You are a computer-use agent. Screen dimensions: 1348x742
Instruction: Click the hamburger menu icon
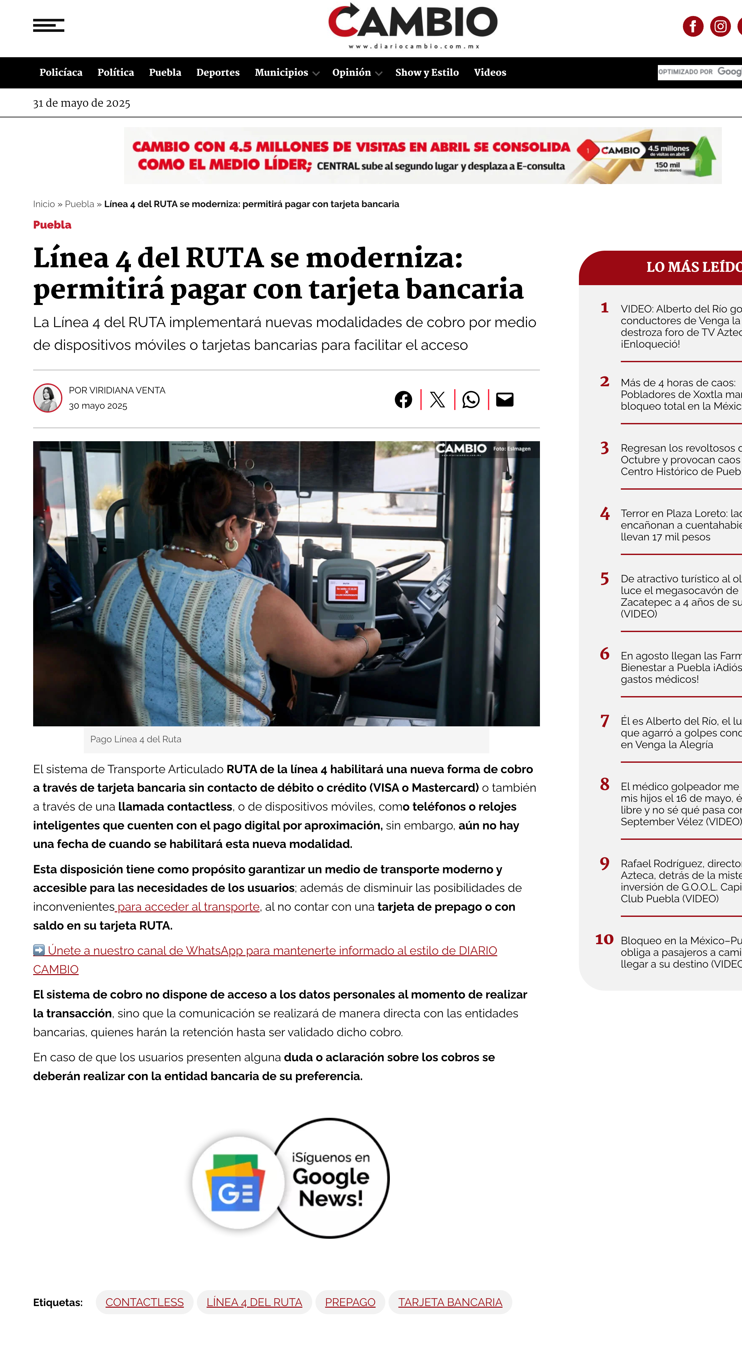[x=49, y=25]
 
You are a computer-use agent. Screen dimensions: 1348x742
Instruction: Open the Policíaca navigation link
[x=61, y=72]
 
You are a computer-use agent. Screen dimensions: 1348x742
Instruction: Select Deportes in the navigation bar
[x=218, y=72]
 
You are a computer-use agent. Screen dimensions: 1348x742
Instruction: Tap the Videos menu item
[x=490, y=72]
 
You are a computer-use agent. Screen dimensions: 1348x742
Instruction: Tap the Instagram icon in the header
[x=720, y=26]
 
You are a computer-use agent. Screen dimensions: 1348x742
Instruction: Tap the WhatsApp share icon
[x=471, y=400]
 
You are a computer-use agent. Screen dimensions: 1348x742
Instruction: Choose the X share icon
[x=437, y=400]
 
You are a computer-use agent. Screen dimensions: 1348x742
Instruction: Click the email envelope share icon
[x=504, y=400]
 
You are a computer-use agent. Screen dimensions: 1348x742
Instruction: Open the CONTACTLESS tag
[x=144, y=1302]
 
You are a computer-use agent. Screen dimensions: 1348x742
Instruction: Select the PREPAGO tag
[x=350, y=1302]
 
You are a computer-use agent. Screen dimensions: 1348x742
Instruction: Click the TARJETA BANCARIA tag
[x=450, y=1302]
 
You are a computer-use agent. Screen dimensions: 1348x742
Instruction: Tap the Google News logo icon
[x=237, y=1182]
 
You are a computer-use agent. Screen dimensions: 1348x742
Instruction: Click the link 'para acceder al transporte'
[x=188, y=906]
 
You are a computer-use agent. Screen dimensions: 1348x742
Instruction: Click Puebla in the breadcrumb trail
[x=80, y=204]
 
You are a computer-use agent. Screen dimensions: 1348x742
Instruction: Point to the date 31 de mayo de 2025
[x=82, y=103]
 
